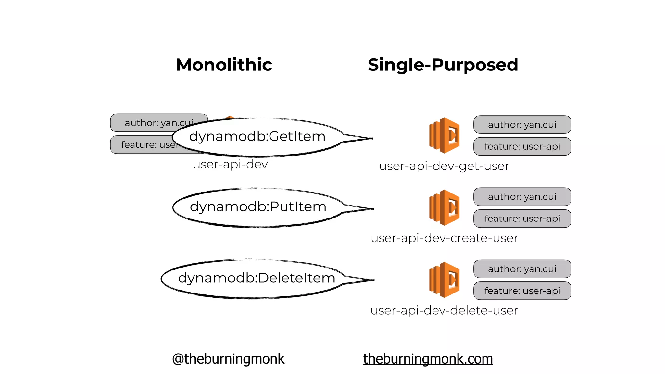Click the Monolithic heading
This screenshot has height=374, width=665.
click(224, 65)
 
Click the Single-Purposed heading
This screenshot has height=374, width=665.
click(443, 65)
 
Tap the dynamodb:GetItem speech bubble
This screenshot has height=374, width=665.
click(257, 137)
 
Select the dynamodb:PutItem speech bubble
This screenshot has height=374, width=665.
click(258, 207)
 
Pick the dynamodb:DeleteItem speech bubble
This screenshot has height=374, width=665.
click(257, 279)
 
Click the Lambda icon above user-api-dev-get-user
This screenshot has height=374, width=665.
click(444, 135)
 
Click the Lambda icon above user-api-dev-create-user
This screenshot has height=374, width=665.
click(444, 207)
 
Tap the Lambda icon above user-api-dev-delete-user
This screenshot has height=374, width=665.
click(444, 280)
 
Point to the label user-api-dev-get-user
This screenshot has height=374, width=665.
click(444, 166)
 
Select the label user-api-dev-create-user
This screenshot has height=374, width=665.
click(444, 238)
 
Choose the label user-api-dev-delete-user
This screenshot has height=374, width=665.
click(444, 311)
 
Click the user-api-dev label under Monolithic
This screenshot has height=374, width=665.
click(230, 165)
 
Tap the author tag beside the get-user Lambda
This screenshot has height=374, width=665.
click(522, 125)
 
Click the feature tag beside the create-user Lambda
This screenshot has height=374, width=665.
click(522, 218)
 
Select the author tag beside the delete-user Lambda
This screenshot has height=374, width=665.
click(522, 269)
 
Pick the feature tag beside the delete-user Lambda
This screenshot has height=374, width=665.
click(522, 291)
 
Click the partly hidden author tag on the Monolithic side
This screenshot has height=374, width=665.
click(146, 122)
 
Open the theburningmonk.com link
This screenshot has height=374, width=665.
click(428, 359)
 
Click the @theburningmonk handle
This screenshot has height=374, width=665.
click(228, 359)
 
